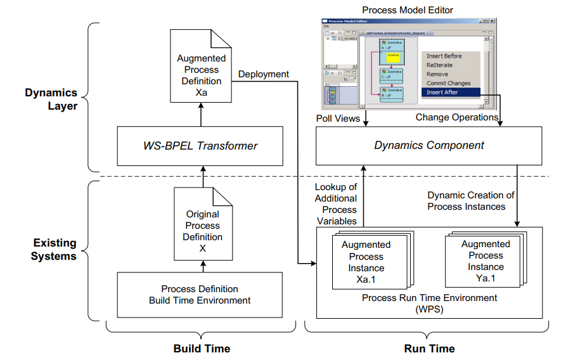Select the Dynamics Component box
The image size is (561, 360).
click(429, 146)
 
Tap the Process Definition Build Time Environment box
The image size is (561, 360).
click(199, 295)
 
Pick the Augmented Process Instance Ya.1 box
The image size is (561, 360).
click(486, 261)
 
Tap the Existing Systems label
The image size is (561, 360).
click(54, 249)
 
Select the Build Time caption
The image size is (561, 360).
click(202, 349)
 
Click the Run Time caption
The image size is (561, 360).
click(429, 349)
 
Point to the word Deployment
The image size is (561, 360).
click(264, 74)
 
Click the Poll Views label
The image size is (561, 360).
click(338, 118)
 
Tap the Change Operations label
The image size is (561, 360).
click(456, 117)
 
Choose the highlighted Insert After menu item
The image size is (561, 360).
click(442, 93)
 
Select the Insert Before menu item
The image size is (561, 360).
click(444, 56)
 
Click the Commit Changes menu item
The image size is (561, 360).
click(449, 83)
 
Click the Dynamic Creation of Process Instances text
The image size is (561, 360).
click(470, 201)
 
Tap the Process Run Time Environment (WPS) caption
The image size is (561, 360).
click(429, 303)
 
